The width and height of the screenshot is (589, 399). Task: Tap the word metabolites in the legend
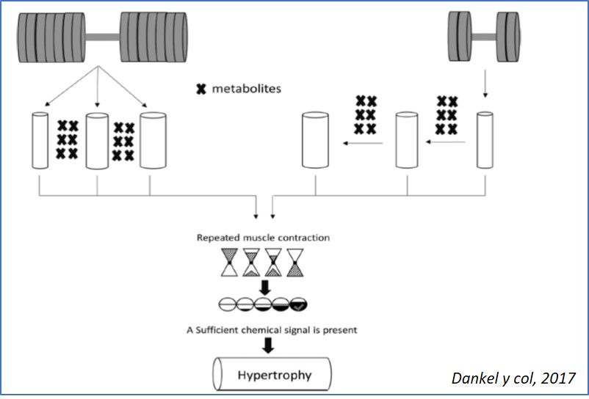247,89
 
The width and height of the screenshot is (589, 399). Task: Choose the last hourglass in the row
297,263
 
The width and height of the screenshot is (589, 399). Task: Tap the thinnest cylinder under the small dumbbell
484,139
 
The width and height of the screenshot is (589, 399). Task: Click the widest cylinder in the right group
317,139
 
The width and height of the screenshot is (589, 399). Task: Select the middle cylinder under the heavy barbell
98,139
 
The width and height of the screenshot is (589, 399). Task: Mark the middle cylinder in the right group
407,139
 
